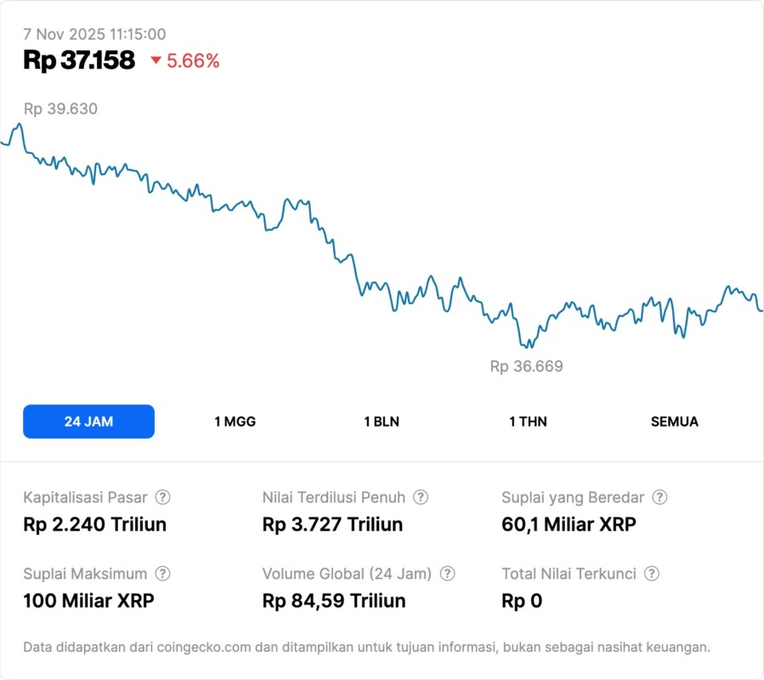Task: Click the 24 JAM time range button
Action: (88, 422)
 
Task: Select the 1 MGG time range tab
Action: (235, 422)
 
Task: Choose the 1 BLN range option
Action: (382, 422)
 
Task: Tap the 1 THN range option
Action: (528, 422)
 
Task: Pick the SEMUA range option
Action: (674, 422)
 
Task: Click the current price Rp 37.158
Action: (79, 60)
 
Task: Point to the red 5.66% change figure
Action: (193, 61)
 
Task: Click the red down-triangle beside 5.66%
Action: (156, 60)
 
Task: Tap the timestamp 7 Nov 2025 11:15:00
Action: (94, 35)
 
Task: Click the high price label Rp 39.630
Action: (60, 109)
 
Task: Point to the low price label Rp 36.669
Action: (526, 366)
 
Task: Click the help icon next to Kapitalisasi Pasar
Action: (162, 497)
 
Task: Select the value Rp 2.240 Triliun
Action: (94, 524)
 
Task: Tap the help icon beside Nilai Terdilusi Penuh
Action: (421, 497)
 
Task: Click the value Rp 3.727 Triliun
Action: (332, 524)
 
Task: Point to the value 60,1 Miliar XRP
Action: (569, 524)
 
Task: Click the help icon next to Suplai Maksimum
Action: (162, 574)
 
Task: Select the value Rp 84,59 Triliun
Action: (334, 601)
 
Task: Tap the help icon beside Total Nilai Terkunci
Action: (651, 574)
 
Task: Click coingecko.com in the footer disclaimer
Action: (195, 647)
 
